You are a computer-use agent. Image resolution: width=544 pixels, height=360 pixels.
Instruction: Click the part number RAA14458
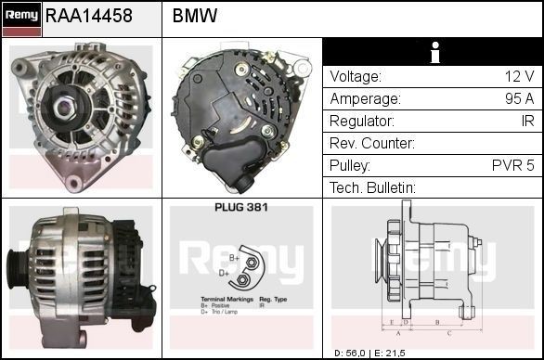[89, 16]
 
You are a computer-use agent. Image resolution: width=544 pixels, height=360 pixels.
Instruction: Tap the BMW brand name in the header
[195, 16]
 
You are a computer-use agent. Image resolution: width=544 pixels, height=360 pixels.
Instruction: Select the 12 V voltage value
[518, 77]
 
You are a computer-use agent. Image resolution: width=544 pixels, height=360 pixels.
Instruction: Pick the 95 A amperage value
[516, 99]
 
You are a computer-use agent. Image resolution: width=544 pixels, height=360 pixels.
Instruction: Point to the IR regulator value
[526, 122]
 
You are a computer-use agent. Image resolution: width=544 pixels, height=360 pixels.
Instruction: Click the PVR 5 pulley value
[513, 166]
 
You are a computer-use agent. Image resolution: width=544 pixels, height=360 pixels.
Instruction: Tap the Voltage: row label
[356, 77]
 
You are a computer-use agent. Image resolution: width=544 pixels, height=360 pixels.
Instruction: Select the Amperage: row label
[365, 99]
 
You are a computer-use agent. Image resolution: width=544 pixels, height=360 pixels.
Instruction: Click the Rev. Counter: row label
[371, 144]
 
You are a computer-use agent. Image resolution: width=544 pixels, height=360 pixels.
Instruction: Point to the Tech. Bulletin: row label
[372, 188]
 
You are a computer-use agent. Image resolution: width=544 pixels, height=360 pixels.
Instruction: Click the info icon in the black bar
[433, 52]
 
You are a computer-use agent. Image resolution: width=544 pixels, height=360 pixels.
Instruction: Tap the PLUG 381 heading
[240, 207]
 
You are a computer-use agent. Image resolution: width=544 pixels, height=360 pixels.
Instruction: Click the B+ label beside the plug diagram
[235, 258]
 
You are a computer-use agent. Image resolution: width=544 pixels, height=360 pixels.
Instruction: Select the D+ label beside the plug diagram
[225, 274]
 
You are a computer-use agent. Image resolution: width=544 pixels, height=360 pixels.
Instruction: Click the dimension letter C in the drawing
[448, 331]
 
